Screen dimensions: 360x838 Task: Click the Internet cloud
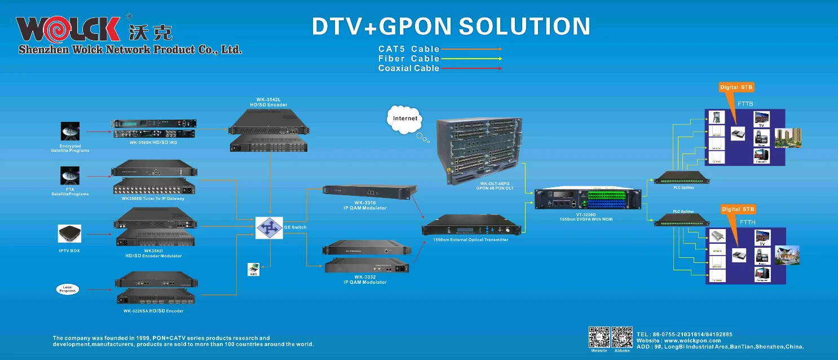[405, 119]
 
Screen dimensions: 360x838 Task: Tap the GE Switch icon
[269, 227]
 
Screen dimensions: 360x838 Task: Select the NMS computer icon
[254, 269]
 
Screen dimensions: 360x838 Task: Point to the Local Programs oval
[68, 289]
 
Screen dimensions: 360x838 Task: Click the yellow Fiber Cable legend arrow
[471, 59]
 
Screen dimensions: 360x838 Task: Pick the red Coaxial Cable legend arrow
[471, 68]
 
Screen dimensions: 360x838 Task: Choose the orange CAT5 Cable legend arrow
[471, 49]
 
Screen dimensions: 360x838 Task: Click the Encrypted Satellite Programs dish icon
[70, 131]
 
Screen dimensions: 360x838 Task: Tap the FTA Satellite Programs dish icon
[70, 175]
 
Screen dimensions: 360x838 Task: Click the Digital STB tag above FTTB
[736, 87]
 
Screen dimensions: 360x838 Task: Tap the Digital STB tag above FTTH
[738, 209]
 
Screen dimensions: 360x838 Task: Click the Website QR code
[599, 337]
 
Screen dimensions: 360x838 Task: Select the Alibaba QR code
[622, 337]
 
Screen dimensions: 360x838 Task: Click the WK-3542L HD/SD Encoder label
[268, 102]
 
